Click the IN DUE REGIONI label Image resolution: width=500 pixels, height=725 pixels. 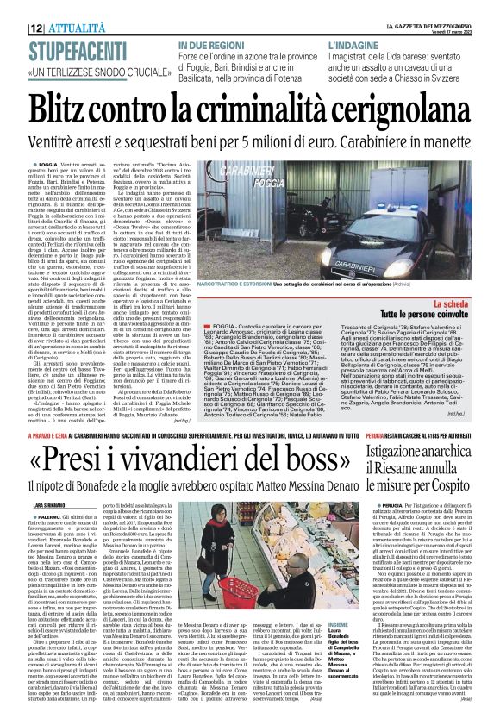(210, 44)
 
